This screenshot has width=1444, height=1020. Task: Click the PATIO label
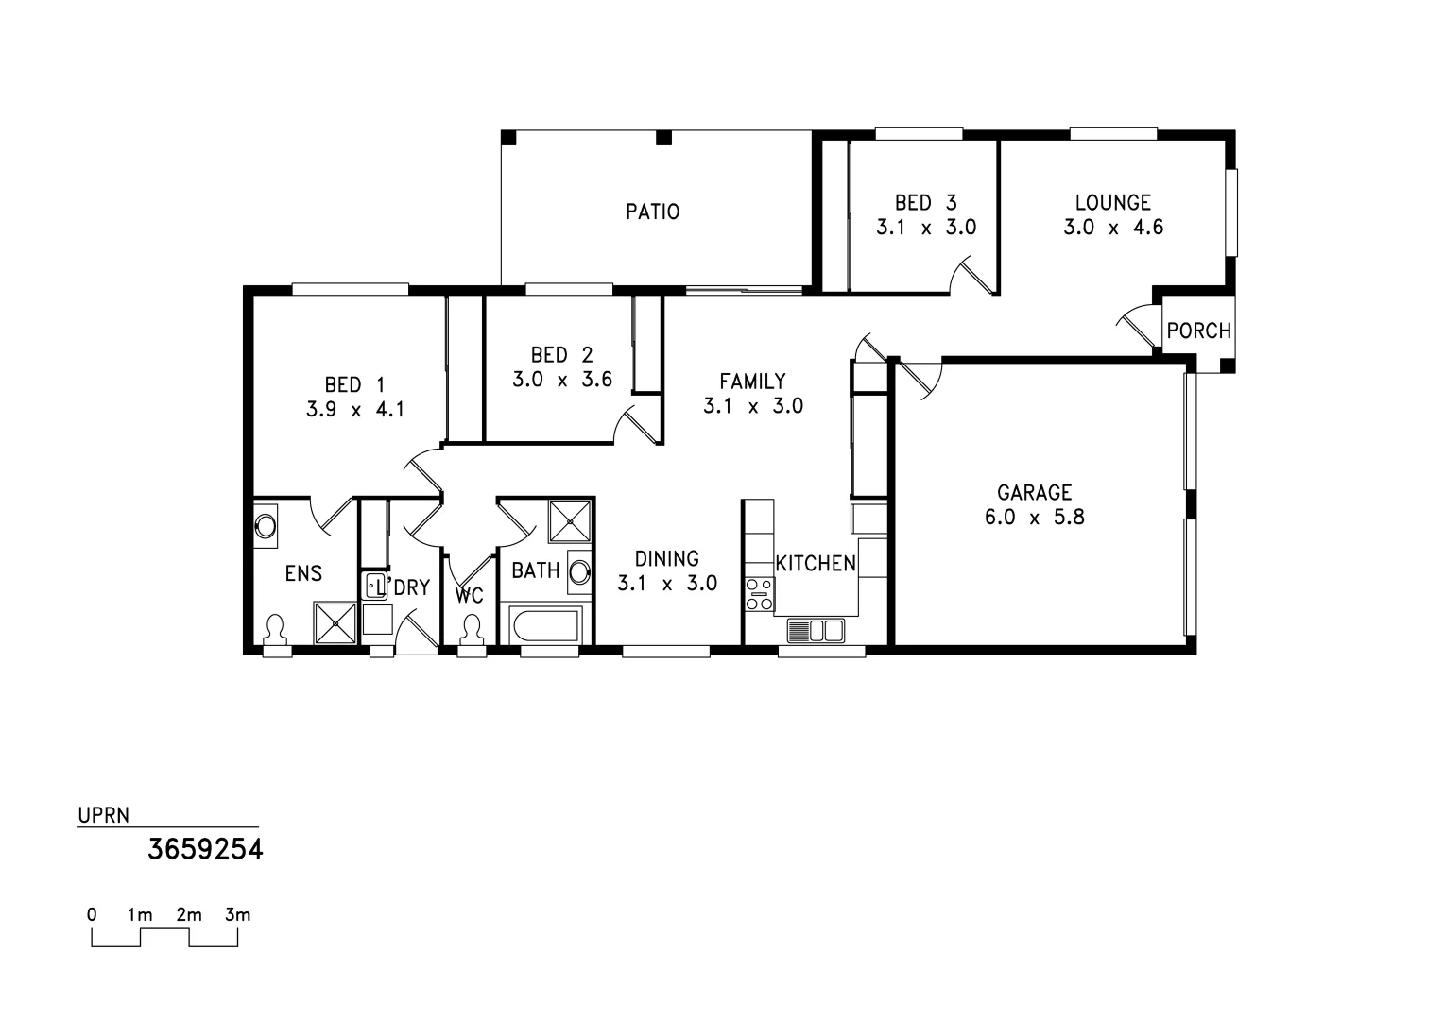[x=652, y=212]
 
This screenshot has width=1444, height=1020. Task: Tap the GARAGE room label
[x=1035, y=492]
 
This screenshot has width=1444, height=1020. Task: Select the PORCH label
[x=1198, y=331]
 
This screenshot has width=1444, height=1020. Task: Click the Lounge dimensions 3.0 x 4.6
[x=1113, y=228]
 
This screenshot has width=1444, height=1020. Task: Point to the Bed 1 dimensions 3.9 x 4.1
[x=354, y=410]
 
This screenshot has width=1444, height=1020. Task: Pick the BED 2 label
[x=561, y=355]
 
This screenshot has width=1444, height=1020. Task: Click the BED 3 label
[x=925, y=203]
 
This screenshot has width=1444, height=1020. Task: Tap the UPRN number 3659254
[x=205, y=850]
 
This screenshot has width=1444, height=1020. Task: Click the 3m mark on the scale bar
[x=237, y=915]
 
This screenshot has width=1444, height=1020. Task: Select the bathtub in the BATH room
[x=543, y=625]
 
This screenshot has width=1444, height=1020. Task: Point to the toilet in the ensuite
[x=276, y=630]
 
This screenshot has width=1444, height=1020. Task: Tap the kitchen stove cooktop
[x=758, y=593]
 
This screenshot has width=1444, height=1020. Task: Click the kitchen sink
[x=815, y=630]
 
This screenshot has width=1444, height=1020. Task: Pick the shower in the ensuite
[x=335, y=623]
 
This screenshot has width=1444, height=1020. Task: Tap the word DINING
[x=666, y=559]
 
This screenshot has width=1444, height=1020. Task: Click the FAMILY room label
[x=752, y=382]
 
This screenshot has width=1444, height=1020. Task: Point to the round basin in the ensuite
[x=266, y=525]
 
